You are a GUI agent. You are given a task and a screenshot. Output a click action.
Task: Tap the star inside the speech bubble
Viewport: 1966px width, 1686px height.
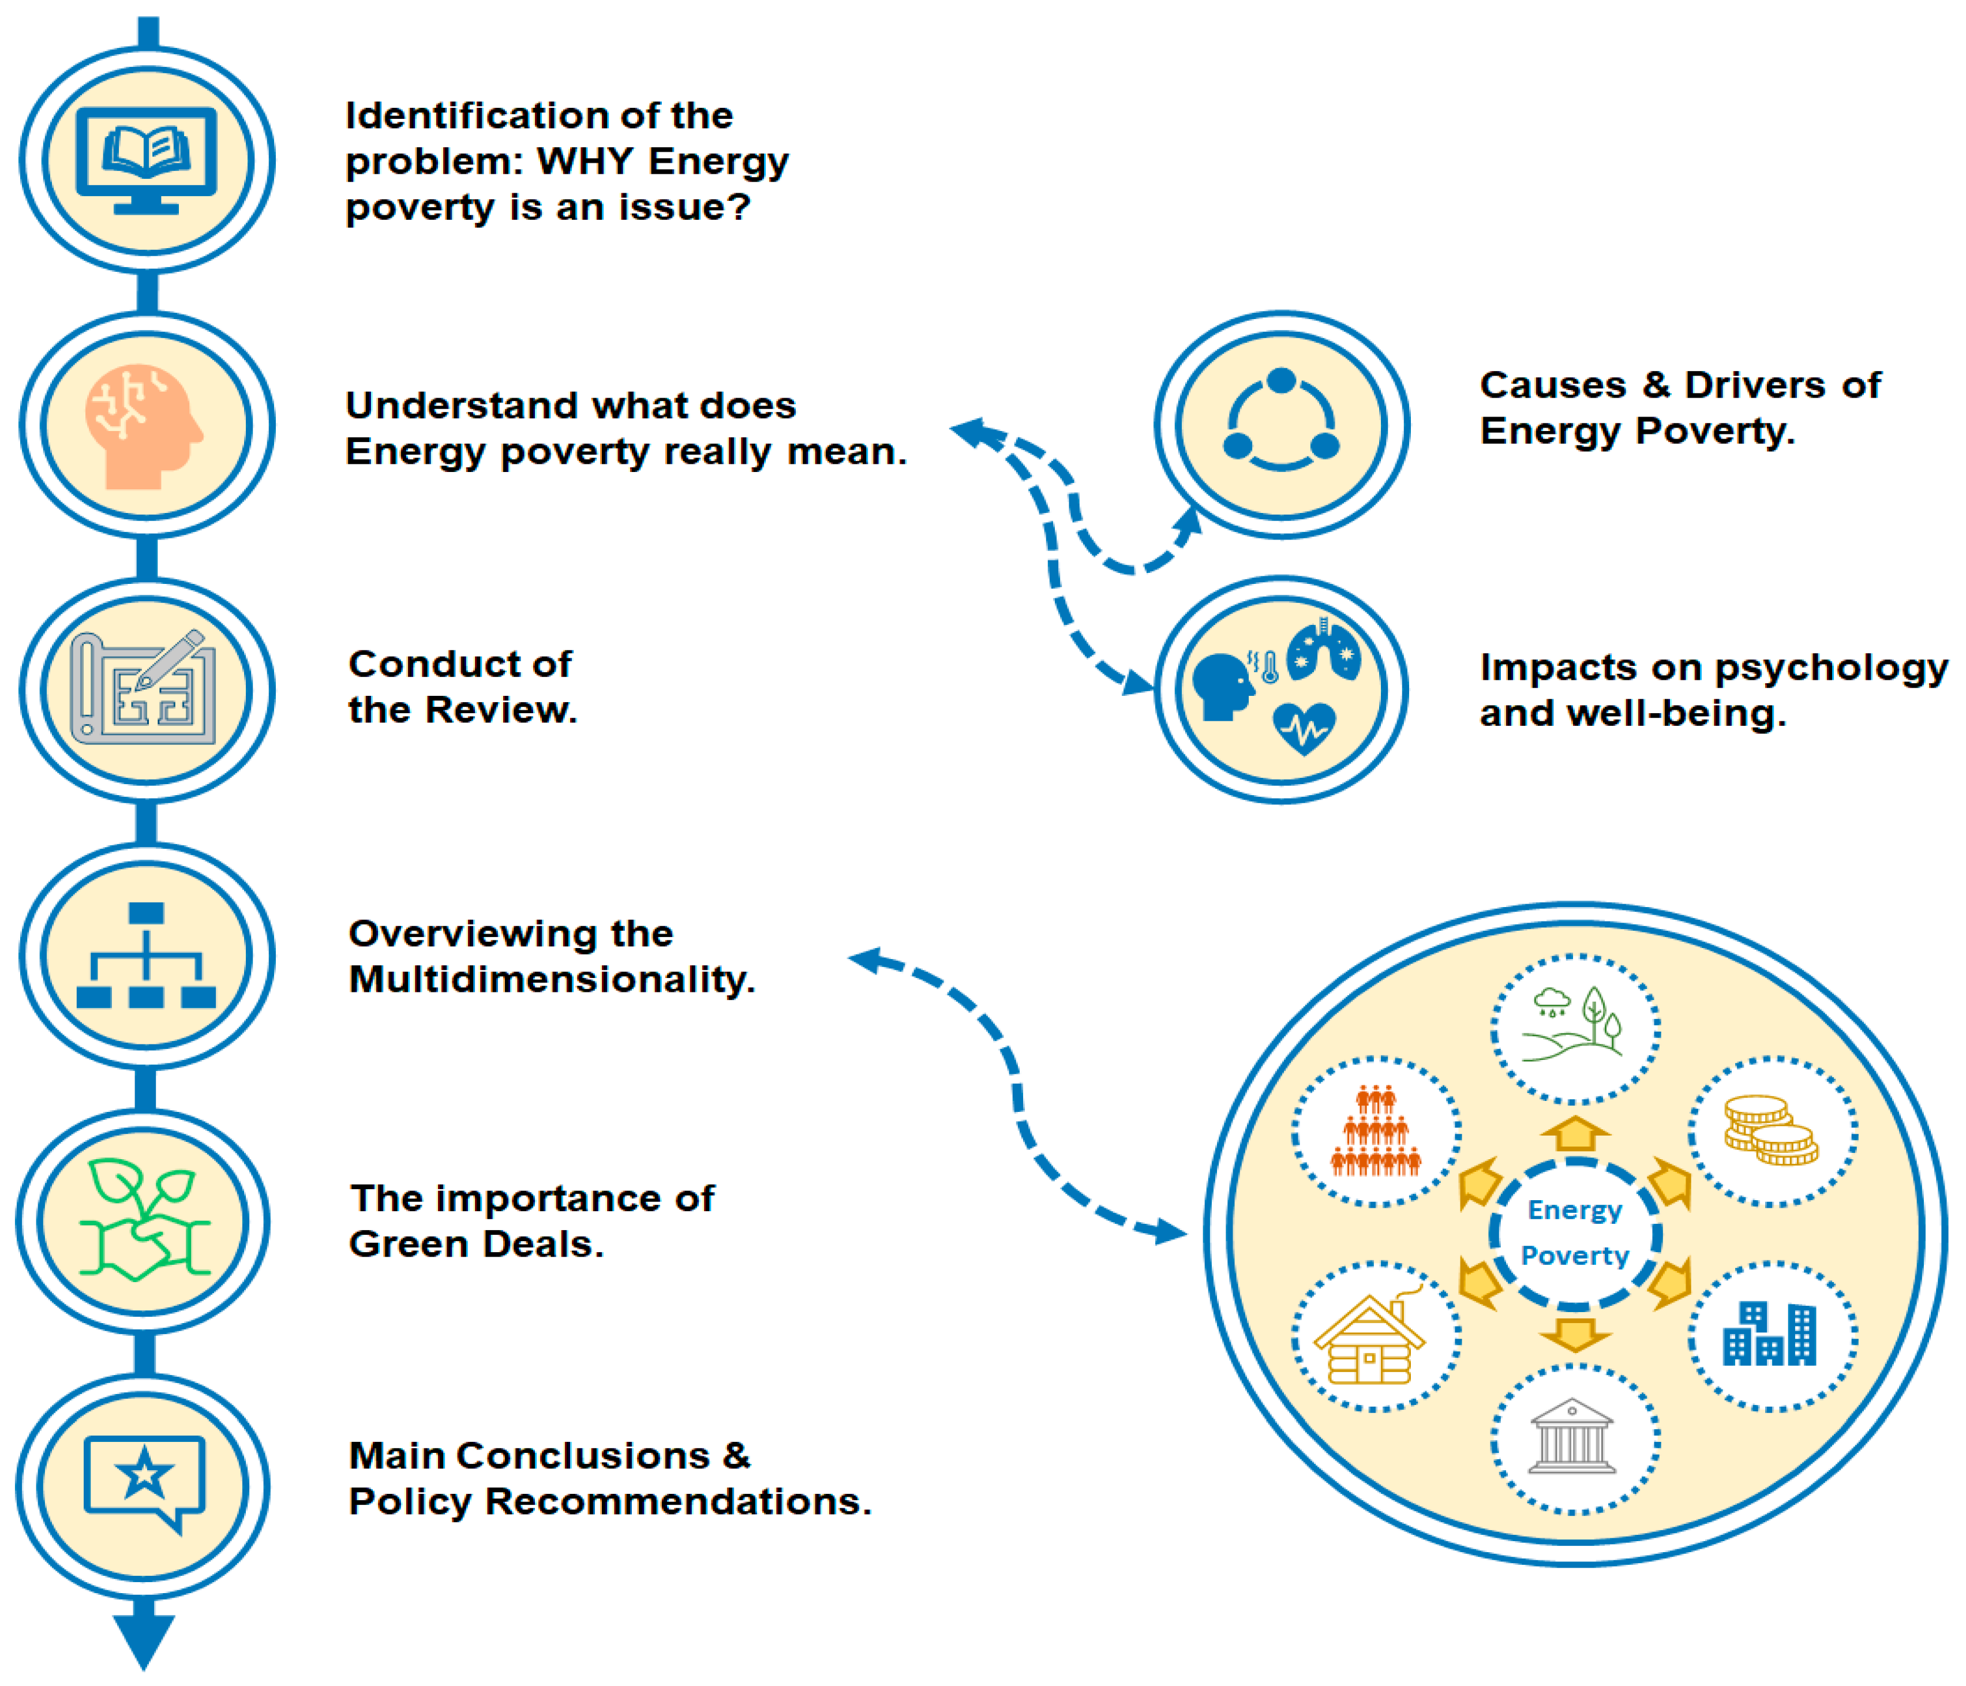pyautogui.click(x=144, y=1474)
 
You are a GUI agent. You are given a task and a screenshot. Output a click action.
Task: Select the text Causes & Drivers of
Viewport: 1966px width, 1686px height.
pyautogui.click(x=1679, y=385)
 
